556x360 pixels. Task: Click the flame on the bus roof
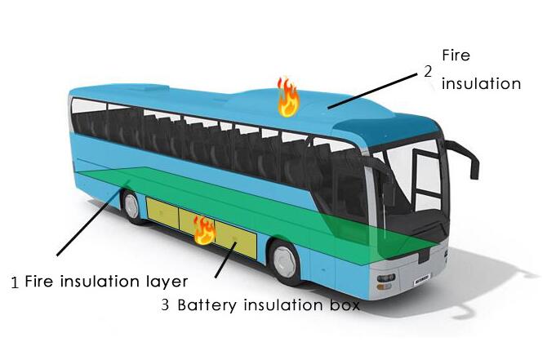(288, 97)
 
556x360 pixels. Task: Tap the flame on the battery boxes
(204, 230)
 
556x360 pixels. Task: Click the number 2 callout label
(428, 72)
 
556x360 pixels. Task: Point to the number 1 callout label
(15, 282)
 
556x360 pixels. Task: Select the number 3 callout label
(165, 304)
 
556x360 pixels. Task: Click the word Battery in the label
(207, 305)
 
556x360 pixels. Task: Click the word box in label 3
(345, 304)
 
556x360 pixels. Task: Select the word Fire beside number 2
(456, 56)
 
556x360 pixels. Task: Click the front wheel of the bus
(285, 261)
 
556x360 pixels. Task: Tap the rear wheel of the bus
(131, 207)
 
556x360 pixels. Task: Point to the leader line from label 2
(372, 91)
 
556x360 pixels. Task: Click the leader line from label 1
(93, 218)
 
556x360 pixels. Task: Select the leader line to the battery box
(226, 260)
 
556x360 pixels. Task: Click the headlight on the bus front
(385, 278)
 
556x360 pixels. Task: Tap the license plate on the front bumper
(422, 279)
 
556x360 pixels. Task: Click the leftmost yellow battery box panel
(162, 213)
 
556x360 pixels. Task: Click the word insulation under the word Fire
(481, 84)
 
